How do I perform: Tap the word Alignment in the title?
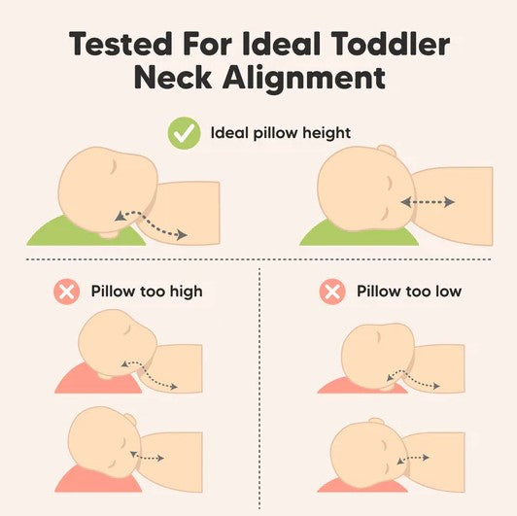[304, 78]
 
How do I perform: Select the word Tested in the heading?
[121, 44]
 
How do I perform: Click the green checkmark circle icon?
[184, 133]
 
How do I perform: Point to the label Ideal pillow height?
[281, 133]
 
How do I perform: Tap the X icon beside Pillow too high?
[67, 292]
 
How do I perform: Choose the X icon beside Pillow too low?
[332, 292]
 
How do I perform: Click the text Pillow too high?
[147, 292]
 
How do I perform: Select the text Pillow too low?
[409, 292]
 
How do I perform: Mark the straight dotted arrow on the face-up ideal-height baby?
[428, 202]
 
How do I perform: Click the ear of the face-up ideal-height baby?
[387, 150]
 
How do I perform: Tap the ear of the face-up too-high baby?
[129, 419]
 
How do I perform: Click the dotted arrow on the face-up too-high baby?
[147, 457]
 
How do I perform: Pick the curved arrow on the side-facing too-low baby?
[412, 379]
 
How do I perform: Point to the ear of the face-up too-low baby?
[376, 422]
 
